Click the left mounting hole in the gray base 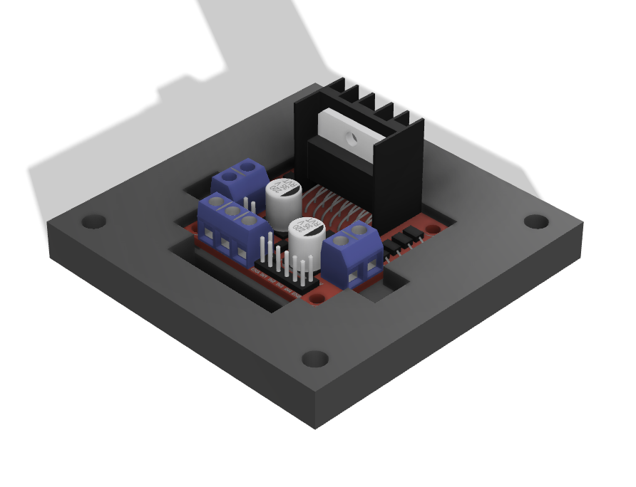tap(93, 221)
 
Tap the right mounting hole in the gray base tap(536, 221)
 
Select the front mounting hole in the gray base tap(314, 358)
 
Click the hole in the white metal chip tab tap(349, 135)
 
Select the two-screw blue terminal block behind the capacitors tap(241, 180)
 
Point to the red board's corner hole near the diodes tap(434, 229)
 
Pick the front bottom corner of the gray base tap(314, 428)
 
